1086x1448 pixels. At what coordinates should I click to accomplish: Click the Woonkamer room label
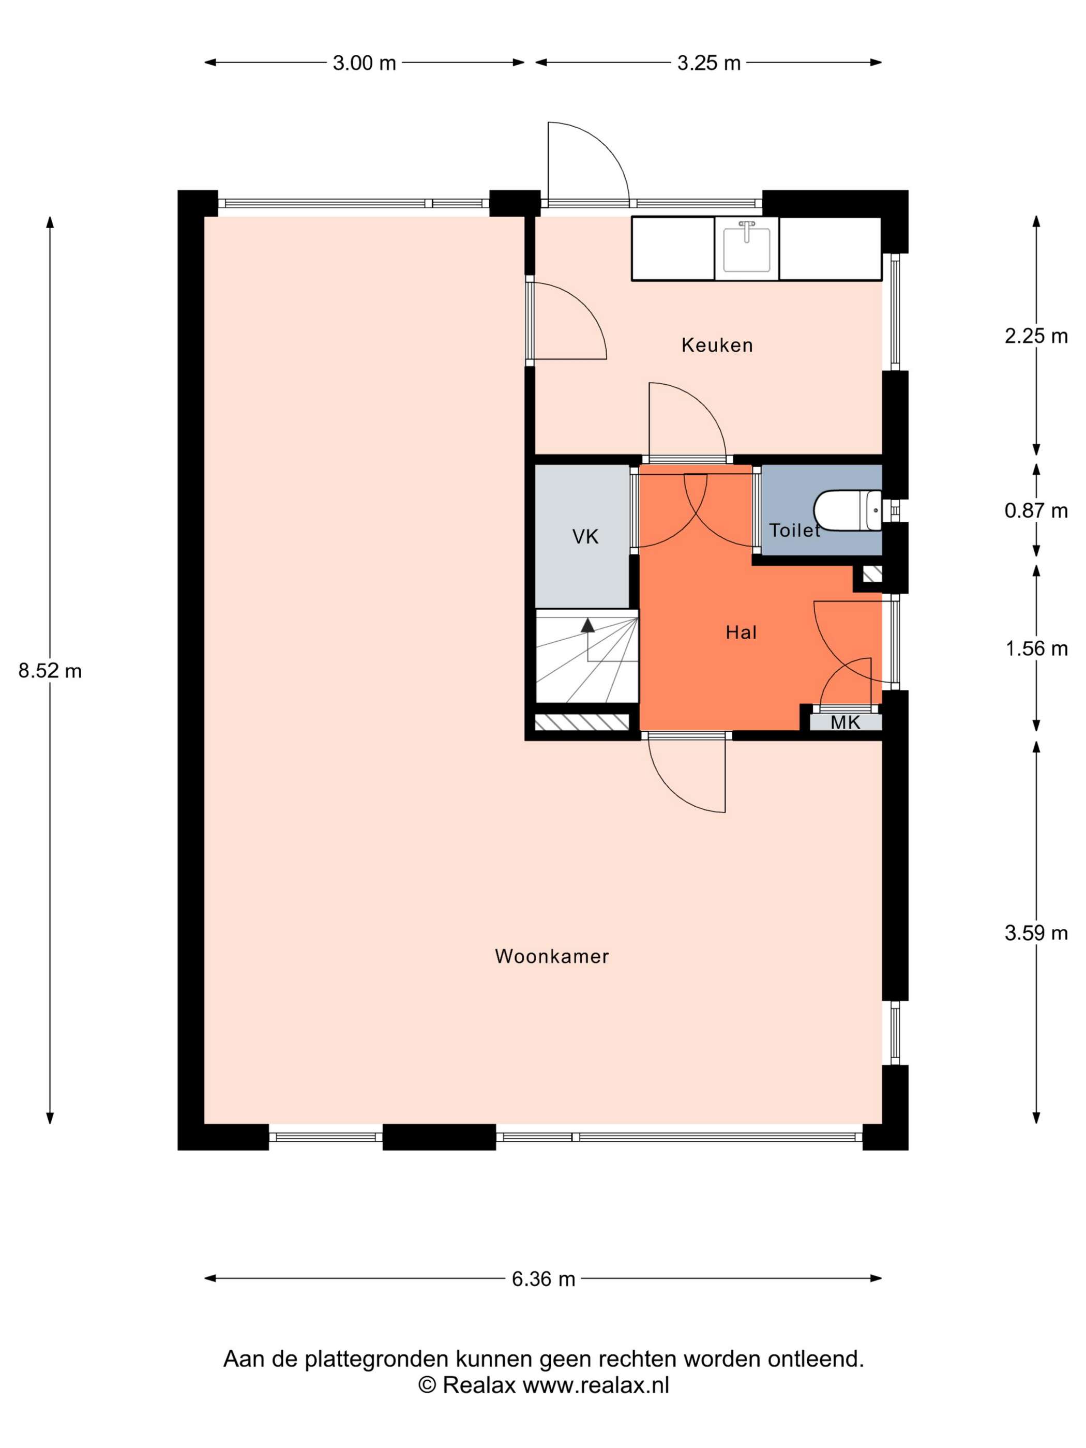552,956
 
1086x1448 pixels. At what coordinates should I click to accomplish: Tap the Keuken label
717,345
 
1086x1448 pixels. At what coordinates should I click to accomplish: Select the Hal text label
741,632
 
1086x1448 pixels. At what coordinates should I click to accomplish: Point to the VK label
585,537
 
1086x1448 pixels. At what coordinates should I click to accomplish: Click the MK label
845,722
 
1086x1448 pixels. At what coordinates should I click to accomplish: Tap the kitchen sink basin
746,249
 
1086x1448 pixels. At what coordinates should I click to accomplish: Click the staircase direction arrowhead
588,625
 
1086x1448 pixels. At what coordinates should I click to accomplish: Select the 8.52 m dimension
50,670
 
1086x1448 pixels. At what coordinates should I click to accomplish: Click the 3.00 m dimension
365,63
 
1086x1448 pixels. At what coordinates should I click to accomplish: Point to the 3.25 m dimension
709,63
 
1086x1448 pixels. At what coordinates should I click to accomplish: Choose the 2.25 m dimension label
1036,336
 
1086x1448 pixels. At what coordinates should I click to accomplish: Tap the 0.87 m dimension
1036,510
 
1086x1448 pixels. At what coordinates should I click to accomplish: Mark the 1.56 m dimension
1036,648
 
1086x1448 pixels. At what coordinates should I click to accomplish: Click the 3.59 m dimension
1036,933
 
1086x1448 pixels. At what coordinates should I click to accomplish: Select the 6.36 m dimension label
544,1278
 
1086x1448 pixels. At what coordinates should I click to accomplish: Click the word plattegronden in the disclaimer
379,1359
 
